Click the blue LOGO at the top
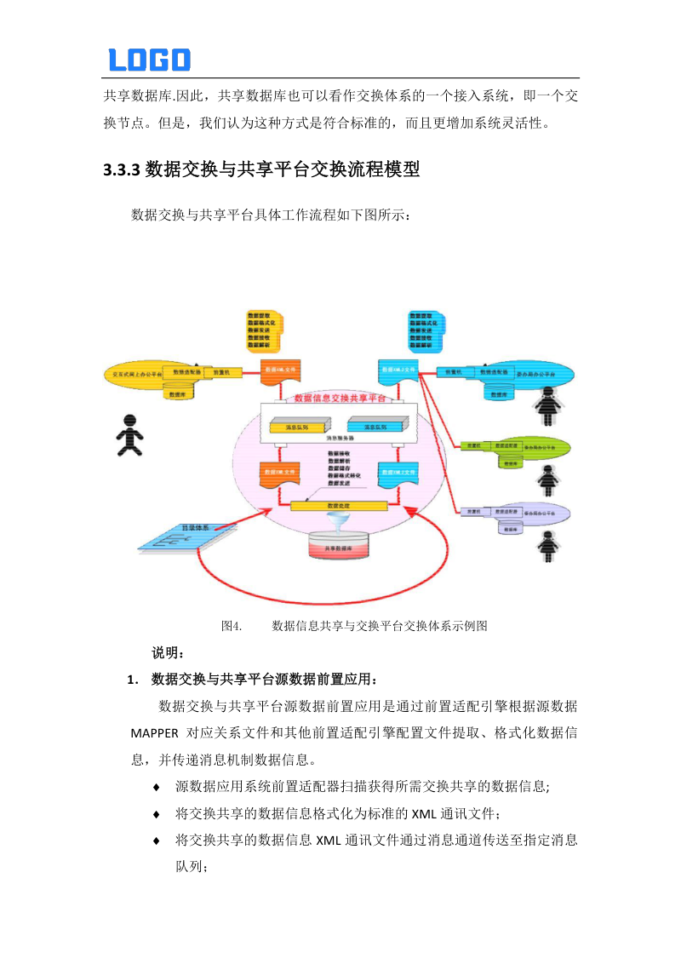pyautogui.click(x=149, y=60)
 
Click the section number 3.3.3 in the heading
pyautogui.click(x=121, y=169)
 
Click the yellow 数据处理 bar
pyautogui.click(x=339, y=506)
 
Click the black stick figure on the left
pyautogui.click(x=129, y=434)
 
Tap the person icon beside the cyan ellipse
pyautogui.click(x=547, y=406)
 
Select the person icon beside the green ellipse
pyautogui.click(x=547, y=479)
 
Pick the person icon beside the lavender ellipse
pyautogui.click(x=547, y=545)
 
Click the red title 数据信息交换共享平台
pyautogui.click(x=339, y=398)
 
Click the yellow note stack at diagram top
pyautogui.click(x=265, y=330)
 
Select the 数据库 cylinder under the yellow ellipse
pyautogui.click(x=177, y=393)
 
